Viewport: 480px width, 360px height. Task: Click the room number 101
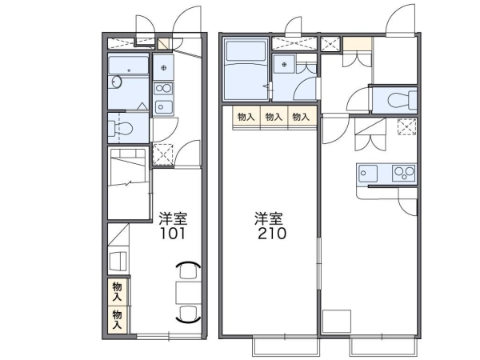tap(173, 234)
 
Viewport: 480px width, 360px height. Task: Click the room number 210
tap(272, 234)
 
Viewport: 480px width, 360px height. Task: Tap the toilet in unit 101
tap(120, 128)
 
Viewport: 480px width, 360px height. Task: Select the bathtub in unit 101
tap(128, 66)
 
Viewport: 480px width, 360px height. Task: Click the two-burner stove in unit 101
tap(163, 89)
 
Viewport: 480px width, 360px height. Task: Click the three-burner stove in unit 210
tap(404, 173)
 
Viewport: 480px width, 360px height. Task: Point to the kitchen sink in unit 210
tap(368, 174)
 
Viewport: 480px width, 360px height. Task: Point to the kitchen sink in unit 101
tap(163, 107)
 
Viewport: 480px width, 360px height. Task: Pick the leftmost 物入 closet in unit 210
tap(246, 117)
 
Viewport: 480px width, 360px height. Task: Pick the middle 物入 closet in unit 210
tap(274, 117)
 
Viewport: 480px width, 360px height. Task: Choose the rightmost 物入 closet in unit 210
tap(302, 117)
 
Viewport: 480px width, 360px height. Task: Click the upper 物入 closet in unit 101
tap(118, 292)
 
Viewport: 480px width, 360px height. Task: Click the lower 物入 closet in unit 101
tap(118, 319)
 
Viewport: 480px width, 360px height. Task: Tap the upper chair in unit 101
tap(188, 270)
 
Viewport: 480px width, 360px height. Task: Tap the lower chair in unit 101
tap(188, 314)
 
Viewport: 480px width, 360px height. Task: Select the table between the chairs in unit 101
tap(188, 293)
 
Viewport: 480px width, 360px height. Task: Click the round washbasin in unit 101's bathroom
tap(117, 82)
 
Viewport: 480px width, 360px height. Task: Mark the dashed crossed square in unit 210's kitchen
tap(406, 126)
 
